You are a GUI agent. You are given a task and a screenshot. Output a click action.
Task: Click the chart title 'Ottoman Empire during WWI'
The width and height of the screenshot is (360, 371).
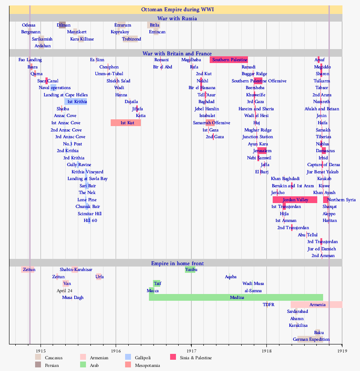tap(176, 9)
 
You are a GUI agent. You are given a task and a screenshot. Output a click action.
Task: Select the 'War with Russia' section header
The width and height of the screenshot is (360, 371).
tap(176, 18)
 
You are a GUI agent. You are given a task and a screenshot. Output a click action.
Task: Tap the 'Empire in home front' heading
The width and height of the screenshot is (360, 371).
tap(176, 263)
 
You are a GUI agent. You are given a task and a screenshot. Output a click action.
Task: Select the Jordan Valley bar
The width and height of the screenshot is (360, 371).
tap(295, 200)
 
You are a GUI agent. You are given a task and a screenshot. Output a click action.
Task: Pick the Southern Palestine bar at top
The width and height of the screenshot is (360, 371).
tap(229, 60)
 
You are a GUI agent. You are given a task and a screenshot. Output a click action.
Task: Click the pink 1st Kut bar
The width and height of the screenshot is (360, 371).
tap(126, 123)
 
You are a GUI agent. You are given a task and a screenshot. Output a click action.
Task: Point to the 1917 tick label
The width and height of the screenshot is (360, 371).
tap(191, 350)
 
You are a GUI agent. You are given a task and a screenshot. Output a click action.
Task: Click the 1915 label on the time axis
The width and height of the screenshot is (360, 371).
tap(40, 350)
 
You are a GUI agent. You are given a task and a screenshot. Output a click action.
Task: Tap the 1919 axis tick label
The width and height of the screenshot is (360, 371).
tap(342, 350)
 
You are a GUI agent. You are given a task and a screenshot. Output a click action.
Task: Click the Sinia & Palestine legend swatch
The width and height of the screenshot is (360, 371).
tap(173, 357)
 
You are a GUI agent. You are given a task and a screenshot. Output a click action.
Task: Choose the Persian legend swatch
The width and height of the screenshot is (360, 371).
tap(38, 365)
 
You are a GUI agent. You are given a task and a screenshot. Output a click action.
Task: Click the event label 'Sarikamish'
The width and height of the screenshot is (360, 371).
tap(42, 39)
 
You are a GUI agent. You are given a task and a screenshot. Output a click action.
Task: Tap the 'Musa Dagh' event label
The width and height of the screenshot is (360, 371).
tap(72, 298)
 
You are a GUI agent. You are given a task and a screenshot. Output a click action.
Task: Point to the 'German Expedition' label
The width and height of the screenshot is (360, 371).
tap(311, 339)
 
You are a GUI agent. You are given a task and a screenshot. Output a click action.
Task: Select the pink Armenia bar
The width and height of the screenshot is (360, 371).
tap(317, 305)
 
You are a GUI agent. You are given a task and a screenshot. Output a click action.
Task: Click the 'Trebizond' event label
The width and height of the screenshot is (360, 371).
tap(131, 39)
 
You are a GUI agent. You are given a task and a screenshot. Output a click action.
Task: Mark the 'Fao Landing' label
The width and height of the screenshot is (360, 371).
tap(30, 60)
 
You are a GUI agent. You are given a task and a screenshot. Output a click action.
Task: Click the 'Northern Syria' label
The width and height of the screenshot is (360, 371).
tap(342, 200)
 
